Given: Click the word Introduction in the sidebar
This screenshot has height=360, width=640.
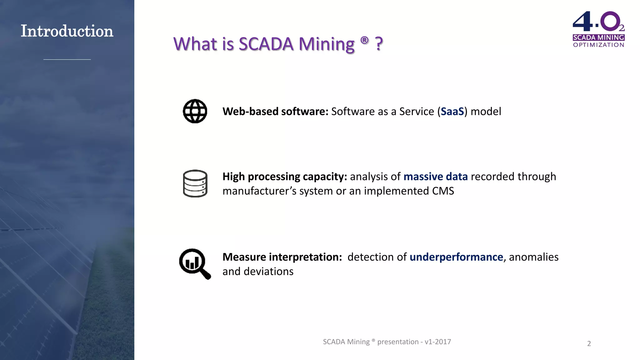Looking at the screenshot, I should tap(67, 31).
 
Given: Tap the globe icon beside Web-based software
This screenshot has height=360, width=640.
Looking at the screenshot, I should tap(195, 111).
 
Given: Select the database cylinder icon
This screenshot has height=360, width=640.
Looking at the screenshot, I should tap(195, 183).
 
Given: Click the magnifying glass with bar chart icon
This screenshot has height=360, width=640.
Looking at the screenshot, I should tap(194, 263).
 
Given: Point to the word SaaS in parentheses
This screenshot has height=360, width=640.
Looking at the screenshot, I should tap(452, 112).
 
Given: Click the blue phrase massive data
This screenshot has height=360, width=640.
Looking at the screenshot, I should tap(435, 177).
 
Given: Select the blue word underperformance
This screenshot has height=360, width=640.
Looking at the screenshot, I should tap(456, 257).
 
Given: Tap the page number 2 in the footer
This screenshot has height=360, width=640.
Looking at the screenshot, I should tap(589, 344).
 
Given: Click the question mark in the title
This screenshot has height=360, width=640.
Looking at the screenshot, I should tap(379, 44).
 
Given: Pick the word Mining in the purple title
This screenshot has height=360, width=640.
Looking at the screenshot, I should tap(326, 44).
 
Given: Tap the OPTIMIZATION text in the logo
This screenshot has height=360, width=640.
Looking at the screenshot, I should tap(598, 45).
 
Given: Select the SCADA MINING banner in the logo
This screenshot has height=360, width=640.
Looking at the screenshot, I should tap(598, 37).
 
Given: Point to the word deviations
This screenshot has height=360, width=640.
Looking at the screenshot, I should tap(268, 272).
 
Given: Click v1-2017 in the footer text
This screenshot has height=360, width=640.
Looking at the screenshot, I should tap(437, 342).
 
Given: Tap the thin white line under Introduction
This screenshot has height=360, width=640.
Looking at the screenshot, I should tap(67, 59).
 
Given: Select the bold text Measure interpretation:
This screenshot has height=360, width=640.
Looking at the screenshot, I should tap(282, 257).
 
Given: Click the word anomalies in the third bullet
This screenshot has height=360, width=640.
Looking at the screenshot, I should tap(533, 257).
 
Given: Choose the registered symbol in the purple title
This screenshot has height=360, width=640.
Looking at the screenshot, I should tap(364, 40).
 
